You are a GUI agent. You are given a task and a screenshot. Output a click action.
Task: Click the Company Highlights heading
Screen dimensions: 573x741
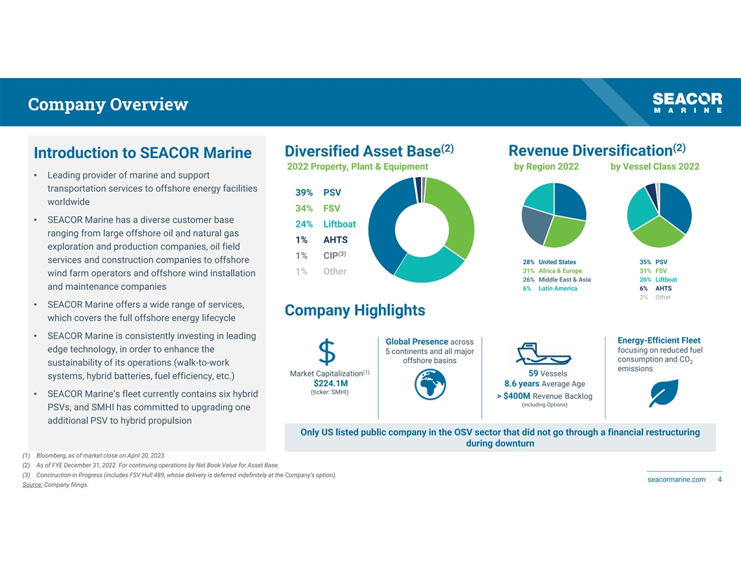coord(354,310)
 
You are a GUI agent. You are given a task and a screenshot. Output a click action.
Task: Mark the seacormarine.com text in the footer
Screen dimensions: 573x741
coord(676,480)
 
